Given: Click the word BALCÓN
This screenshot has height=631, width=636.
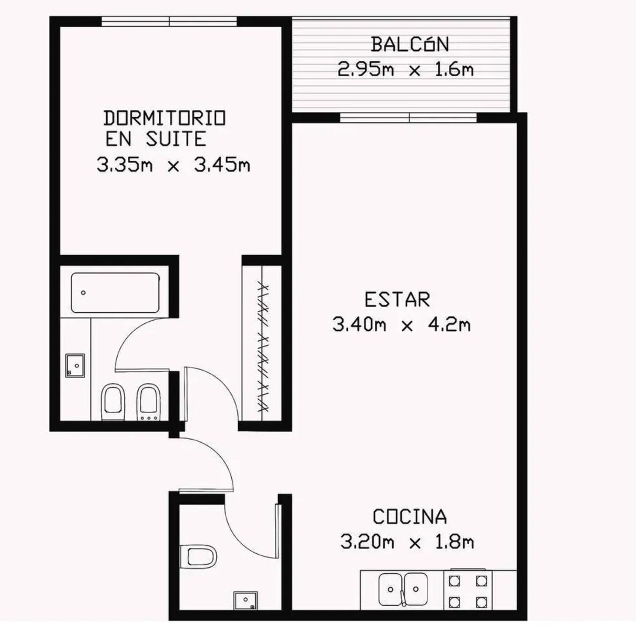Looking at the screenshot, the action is click(x=409, y=45).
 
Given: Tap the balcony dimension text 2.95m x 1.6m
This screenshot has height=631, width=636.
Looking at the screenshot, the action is click(x=405, y=69).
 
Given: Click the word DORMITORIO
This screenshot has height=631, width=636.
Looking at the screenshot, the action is click(x=165, y=118).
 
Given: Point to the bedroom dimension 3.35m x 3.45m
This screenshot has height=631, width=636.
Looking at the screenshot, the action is click(x=173, y=165).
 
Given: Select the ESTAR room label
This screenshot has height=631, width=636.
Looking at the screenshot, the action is click(x=397, y=300).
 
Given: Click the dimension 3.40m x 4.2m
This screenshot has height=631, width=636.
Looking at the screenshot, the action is click(x=402, y=324).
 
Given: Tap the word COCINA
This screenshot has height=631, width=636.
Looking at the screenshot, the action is click(x=409, y=517).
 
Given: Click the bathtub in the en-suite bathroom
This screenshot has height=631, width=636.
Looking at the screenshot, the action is click(x=115, y=293).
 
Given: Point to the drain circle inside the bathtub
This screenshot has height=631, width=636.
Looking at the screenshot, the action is click(x=83, y=293).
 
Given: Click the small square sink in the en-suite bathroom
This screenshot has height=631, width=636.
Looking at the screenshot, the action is click(x=75, y=365).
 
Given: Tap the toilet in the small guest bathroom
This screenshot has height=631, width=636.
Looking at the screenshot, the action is click(x=198, y=556).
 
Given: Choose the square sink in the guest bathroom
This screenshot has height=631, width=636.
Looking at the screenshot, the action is click(x=245, y=601).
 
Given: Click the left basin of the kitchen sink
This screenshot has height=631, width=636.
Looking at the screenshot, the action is click(x=391, y=589).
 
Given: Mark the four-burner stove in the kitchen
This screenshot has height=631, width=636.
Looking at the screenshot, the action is click(x=468, y=589).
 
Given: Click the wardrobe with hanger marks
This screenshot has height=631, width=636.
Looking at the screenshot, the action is click(x=261, y=343).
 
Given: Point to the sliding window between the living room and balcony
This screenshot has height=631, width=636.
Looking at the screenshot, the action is click(x=408, y=118).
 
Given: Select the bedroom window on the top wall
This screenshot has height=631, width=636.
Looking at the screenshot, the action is click(x=169, y=21).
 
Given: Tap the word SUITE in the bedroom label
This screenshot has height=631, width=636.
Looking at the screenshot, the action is click(x=176, y=139).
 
